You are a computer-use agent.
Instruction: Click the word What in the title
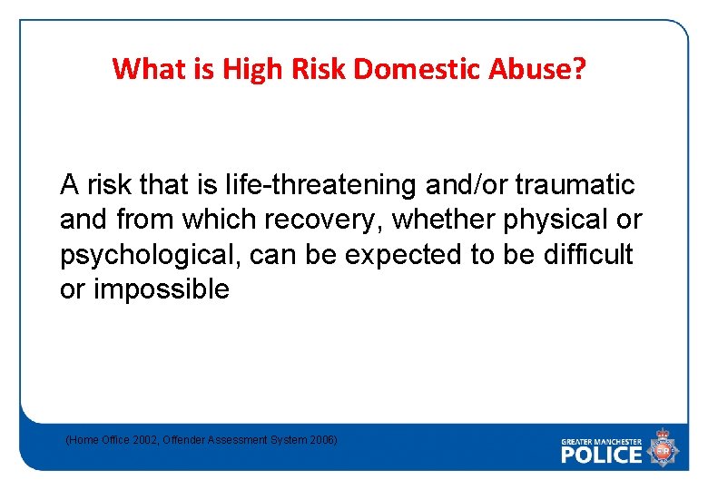(x=143, y=69)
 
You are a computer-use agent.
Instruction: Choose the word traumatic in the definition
(x=575, y=185)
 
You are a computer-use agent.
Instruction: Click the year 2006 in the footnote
(x=321, y=440)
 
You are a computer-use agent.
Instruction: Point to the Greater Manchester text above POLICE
(x=601, y=440)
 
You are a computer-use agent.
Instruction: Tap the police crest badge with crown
(x=663, y=447)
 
